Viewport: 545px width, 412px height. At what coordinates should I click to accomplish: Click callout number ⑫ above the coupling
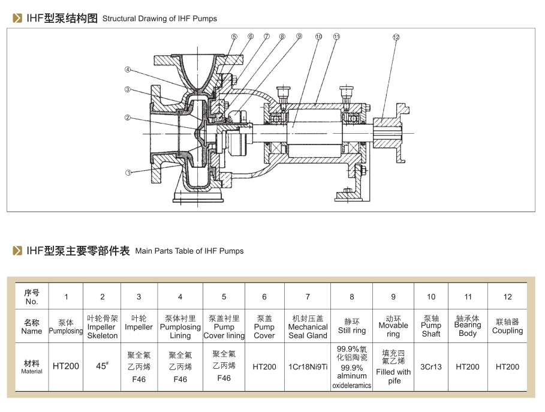click(x=396, y=37)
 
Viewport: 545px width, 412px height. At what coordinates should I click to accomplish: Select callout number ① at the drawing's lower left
click(x=128, y=173)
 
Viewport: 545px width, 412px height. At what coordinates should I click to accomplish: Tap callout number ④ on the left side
click(x=128, y=70)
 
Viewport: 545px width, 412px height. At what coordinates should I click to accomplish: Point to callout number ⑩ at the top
click(x=318, y=37)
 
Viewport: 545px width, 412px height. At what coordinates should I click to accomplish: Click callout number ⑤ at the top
click(x=234, y=37)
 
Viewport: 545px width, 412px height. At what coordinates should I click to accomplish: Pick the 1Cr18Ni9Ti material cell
click(x=308, y=366)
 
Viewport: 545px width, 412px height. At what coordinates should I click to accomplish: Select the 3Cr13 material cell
click(x=431, y=366)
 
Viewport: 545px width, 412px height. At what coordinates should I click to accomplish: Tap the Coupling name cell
click(x=507, y=327)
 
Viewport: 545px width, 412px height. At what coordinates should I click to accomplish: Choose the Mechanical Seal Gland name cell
click(x=308, y=327)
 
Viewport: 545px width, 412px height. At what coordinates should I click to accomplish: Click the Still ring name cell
click(x=351, y=327)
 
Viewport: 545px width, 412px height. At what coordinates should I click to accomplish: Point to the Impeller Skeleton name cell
click(x=103, y=327)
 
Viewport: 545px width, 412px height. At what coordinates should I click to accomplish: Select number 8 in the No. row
click(x=352, y=296)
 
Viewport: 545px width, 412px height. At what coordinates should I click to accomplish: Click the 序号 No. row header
click(x=32, y=296)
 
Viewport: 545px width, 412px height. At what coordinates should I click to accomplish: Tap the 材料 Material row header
click(x=32, y=366)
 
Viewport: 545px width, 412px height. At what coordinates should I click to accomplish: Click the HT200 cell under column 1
click(x=66, y=366)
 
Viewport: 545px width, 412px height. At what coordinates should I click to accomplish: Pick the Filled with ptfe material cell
click(x=393, y=367)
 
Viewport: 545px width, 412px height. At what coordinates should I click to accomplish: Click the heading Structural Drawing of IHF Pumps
click(x=159, y=19)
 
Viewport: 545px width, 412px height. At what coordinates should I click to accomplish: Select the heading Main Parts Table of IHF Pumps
click(x=189, y=251)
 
